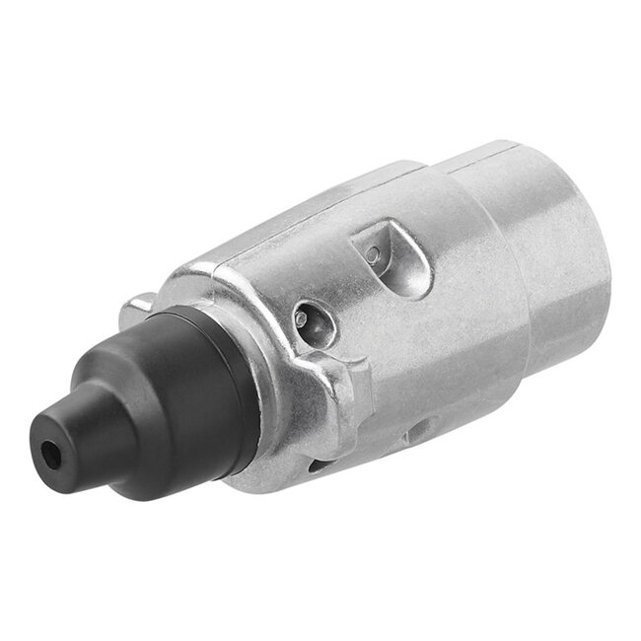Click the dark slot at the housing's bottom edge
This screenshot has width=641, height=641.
(314, 463)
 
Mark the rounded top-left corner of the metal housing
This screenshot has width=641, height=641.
(197, 266)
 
